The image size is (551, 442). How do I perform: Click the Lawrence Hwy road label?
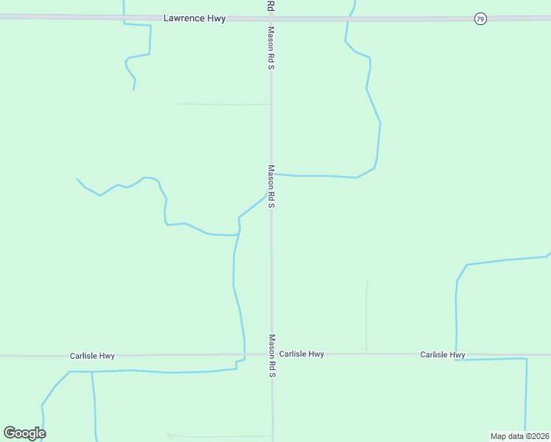point(194,18)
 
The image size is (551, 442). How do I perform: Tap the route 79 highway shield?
point(480,18)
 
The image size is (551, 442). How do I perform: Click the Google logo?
point(24,433)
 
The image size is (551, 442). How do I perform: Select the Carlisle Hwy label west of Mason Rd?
point(92,356)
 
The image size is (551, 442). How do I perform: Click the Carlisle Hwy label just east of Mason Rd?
point(302,354)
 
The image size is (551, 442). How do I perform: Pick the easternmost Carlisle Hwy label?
point(443,355)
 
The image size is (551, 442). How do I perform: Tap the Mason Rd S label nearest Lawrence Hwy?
point(271,49)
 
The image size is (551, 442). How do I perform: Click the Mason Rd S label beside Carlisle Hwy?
point(271,356)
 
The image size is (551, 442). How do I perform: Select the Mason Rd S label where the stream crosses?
point(271,186)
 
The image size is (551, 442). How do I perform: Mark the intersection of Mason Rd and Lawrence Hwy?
point(271,18)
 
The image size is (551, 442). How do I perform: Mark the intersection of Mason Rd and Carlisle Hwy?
point(271,354)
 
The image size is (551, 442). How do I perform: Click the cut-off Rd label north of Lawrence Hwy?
point(271,5)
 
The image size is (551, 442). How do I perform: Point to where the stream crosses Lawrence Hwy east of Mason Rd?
point(348,18)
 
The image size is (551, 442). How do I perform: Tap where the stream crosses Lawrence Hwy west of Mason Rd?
point(124,18)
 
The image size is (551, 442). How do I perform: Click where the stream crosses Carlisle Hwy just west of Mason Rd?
point(245,354)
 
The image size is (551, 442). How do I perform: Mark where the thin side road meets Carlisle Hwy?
point(366,354)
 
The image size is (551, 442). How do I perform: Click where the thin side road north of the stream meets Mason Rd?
point(271,105)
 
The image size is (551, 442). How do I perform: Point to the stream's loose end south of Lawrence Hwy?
point(133,90)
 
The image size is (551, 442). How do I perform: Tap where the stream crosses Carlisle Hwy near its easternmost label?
point(457,354)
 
